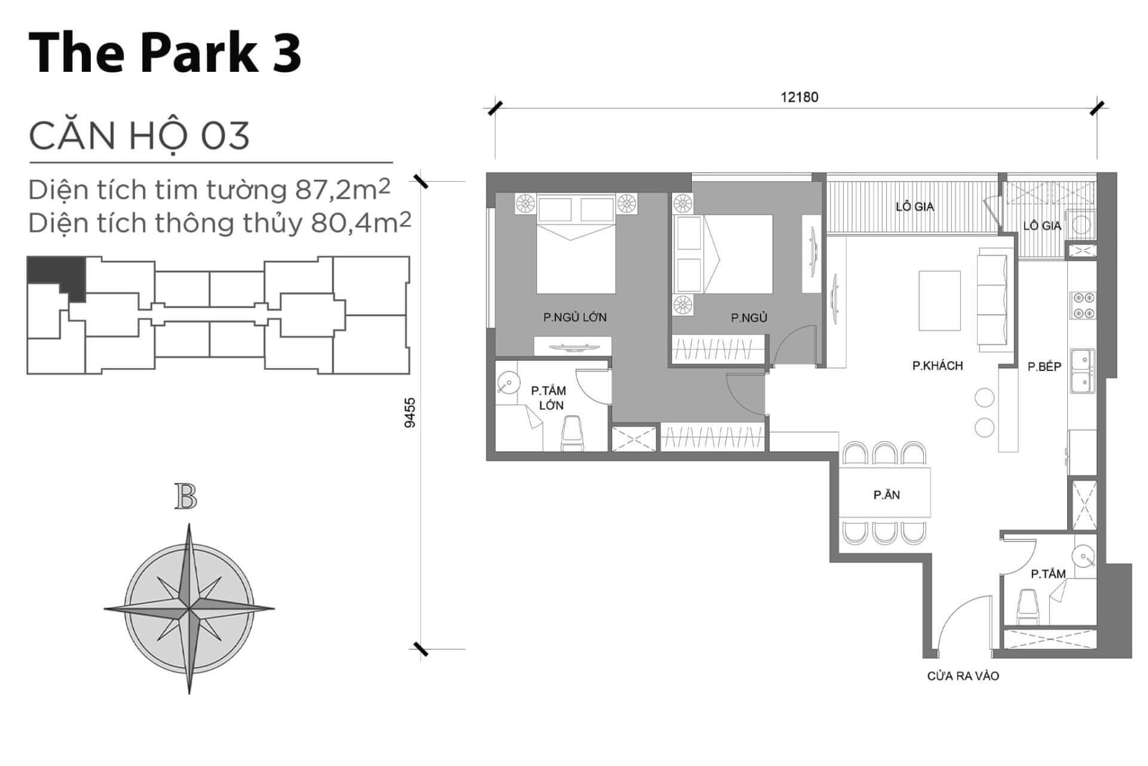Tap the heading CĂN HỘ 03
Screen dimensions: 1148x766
click(139, 136)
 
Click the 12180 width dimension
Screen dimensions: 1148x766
click(799, 97)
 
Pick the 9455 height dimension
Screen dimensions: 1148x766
click(410, 413)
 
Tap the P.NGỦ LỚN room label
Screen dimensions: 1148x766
click(575, 317)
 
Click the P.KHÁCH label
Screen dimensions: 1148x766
click(938, 366)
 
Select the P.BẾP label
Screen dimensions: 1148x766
click(1044, 367)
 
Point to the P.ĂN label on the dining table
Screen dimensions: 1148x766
click(886, 495)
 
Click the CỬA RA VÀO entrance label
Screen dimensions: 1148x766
click(963, 676)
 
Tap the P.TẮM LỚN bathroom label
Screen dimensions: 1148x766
click(549, 398)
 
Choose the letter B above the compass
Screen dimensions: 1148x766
click(186, 497)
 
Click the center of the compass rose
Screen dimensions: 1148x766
click(189, 609)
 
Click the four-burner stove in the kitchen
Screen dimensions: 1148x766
click(1083, 305)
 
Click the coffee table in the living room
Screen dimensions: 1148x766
click(939, 300)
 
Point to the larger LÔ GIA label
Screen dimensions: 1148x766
click(914, 207)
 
